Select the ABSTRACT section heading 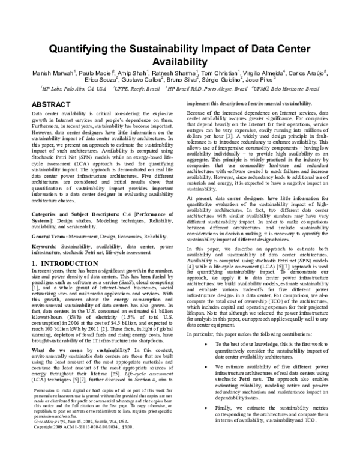pos(52,104)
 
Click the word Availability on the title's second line pos(180,63)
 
